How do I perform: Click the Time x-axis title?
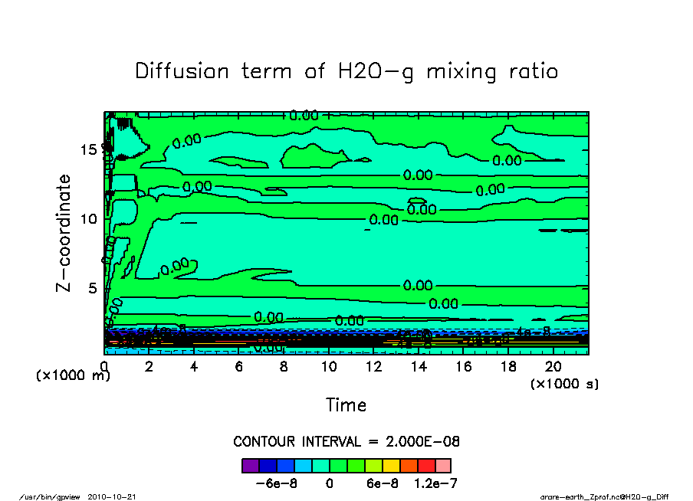coord(346,404)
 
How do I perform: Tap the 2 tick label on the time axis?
coord(149,366)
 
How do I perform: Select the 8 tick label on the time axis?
coord(284,366)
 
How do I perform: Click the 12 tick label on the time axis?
coord(373,366)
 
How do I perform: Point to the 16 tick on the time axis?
coord(463,366)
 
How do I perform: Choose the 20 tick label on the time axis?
coord(553,366)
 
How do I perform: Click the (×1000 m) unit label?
coord(74,376)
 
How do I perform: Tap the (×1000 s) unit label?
coord(564,383)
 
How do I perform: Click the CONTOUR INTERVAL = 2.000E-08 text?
coord(346,442)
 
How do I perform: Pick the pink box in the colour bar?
coord(443,466)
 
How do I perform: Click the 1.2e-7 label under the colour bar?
coord(438,483)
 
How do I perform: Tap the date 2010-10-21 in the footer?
coord(117,496)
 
